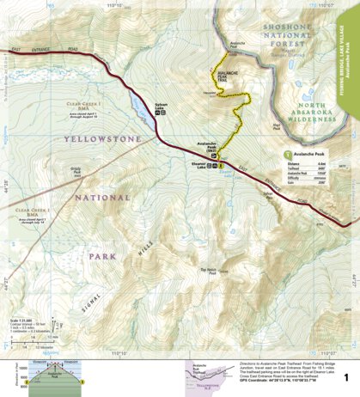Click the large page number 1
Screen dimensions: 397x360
pyautogui.click(x=345, y=377)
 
